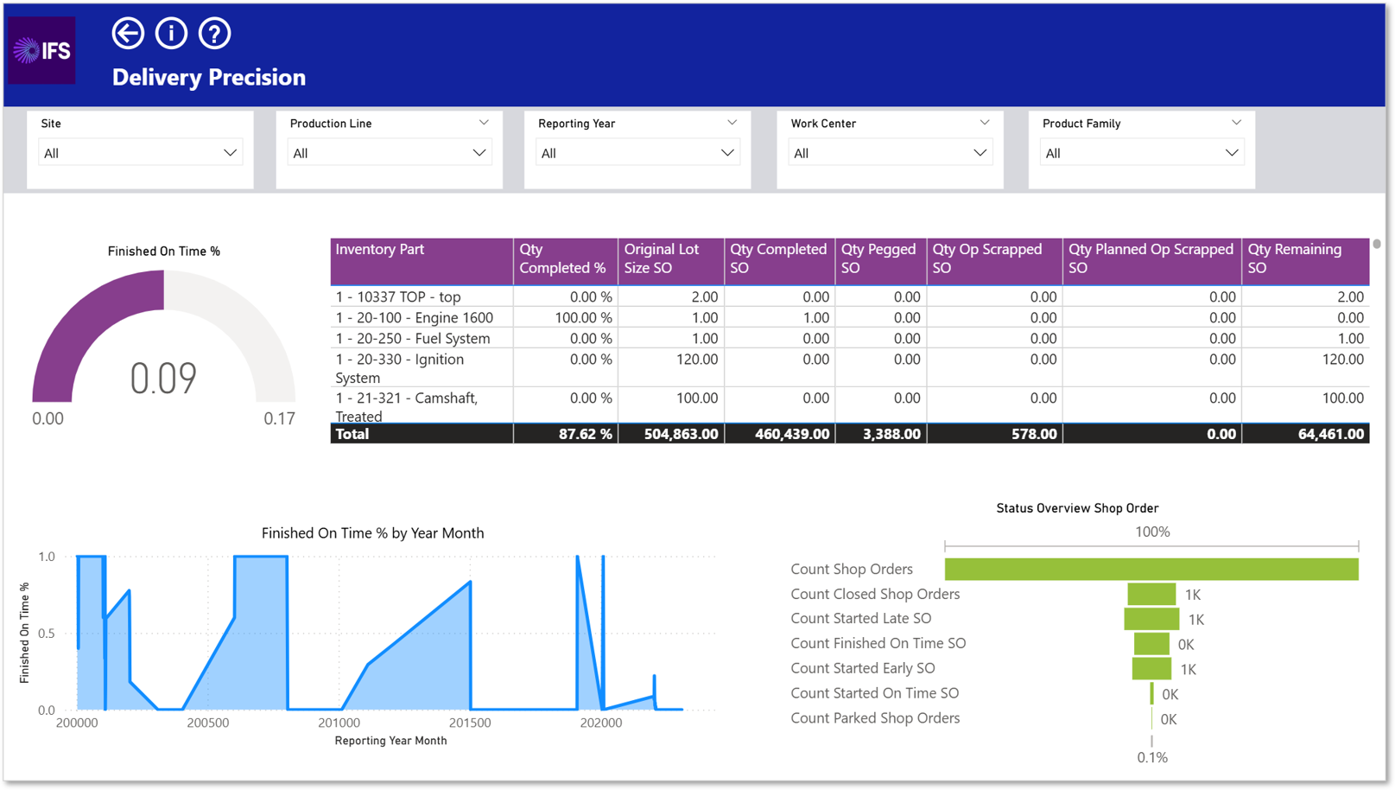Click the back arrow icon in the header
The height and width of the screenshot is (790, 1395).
(128, 33)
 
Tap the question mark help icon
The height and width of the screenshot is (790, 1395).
(214, 33)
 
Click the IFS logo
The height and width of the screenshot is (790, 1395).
(42, 50)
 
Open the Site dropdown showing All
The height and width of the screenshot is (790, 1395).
(140, 153)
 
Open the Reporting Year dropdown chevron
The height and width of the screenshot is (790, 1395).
(727, 153)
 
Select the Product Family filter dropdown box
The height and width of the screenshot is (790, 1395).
(1142, 153)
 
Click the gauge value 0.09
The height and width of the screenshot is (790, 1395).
(163, 379)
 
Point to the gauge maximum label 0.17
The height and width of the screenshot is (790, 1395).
(279, 418)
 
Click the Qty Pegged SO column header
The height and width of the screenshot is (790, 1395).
(878, 258)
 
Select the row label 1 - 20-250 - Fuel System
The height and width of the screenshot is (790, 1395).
(413, 338)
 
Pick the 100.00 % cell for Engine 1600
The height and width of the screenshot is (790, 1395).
(583, 318)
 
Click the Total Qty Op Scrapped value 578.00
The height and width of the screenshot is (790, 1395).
(1034, 434)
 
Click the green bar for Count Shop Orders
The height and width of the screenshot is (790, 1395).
(1151, 570)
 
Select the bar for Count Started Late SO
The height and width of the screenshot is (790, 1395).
(1151, 619)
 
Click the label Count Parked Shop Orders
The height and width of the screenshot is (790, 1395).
(875, 718)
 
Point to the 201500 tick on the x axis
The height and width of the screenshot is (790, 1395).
(470, 723)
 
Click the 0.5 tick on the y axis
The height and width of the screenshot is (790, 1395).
(47, 634)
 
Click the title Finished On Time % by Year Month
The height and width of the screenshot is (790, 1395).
(372, 533)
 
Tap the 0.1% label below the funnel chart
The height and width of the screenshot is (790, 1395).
(1152, 758)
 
